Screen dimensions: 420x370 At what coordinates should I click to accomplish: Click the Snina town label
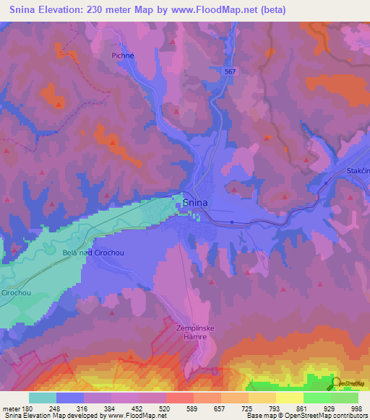[195, 203]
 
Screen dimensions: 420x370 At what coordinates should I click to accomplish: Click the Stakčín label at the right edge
[357, 170]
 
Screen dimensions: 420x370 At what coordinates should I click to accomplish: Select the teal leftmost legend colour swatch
[43, 398]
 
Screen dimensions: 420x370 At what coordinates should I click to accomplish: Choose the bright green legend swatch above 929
[317, 398]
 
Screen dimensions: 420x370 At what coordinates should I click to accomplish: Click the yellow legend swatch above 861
[290, 398]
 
